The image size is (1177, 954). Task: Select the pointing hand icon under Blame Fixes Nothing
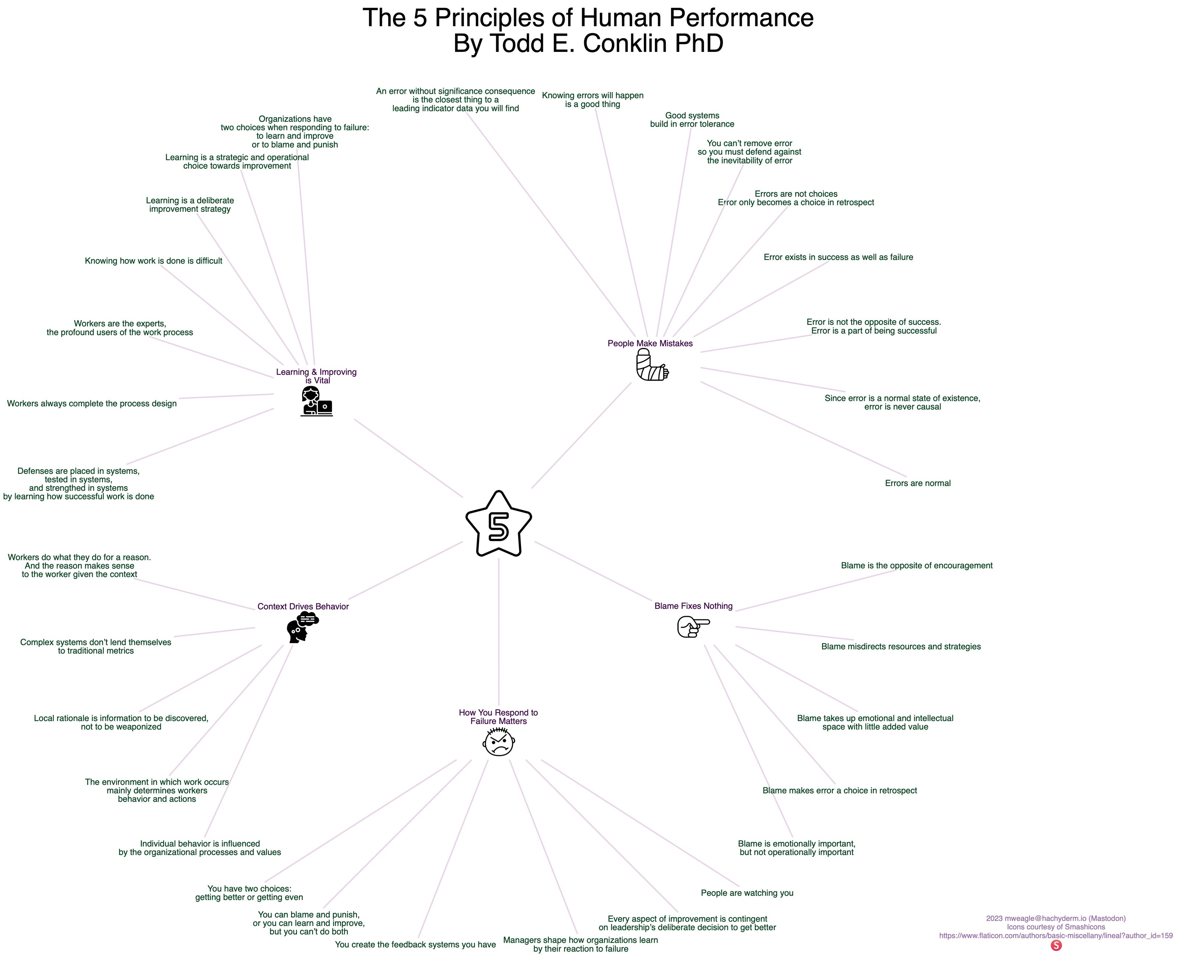(x=693, y=626)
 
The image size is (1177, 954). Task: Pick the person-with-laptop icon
(x=316, y=401)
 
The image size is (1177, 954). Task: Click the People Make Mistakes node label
(x=650, y=343)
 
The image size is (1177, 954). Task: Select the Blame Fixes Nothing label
(x=693, y=606)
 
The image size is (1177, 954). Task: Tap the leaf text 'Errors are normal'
(x=917, y=484)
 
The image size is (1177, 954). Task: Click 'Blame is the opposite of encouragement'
(x=916, y=565)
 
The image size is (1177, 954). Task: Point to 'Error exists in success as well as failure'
(x=838, y=257)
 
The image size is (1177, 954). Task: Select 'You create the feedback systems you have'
(x=415, y=945)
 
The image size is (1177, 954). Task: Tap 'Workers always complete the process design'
(x=92, y=403)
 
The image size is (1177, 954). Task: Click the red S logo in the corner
(x=1056, y=945)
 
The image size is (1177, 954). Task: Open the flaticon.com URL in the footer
(x=1056, y=935)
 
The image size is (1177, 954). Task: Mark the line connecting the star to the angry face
(x=499, y=632)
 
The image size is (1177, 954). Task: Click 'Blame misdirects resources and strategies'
(x=901, y=646)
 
